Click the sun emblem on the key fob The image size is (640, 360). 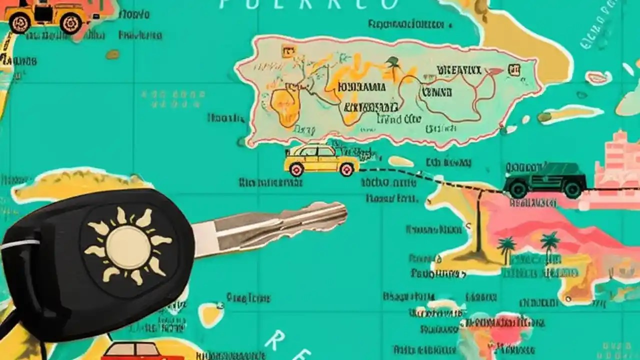[128, 246]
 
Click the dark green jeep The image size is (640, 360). [545, 179]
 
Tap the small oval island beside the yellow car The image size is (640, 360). [400, 161]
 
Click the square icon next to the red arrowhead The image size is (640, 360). [513, 70]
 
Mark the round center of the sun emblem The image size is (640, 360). [128, 246]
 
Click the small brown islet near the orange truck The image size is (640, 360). [112, 54]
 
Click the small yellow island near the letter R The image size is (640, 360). [211, 314]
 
